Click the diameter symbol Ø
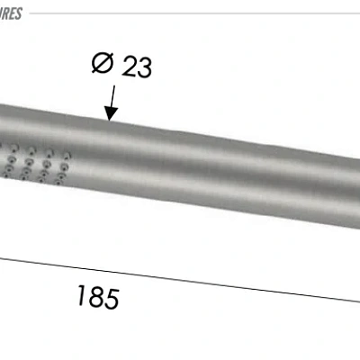(103, 65)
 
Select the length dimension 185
(97, 296)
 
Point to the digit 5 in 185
(111, 298)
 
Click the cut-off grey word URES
(10, 13)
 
